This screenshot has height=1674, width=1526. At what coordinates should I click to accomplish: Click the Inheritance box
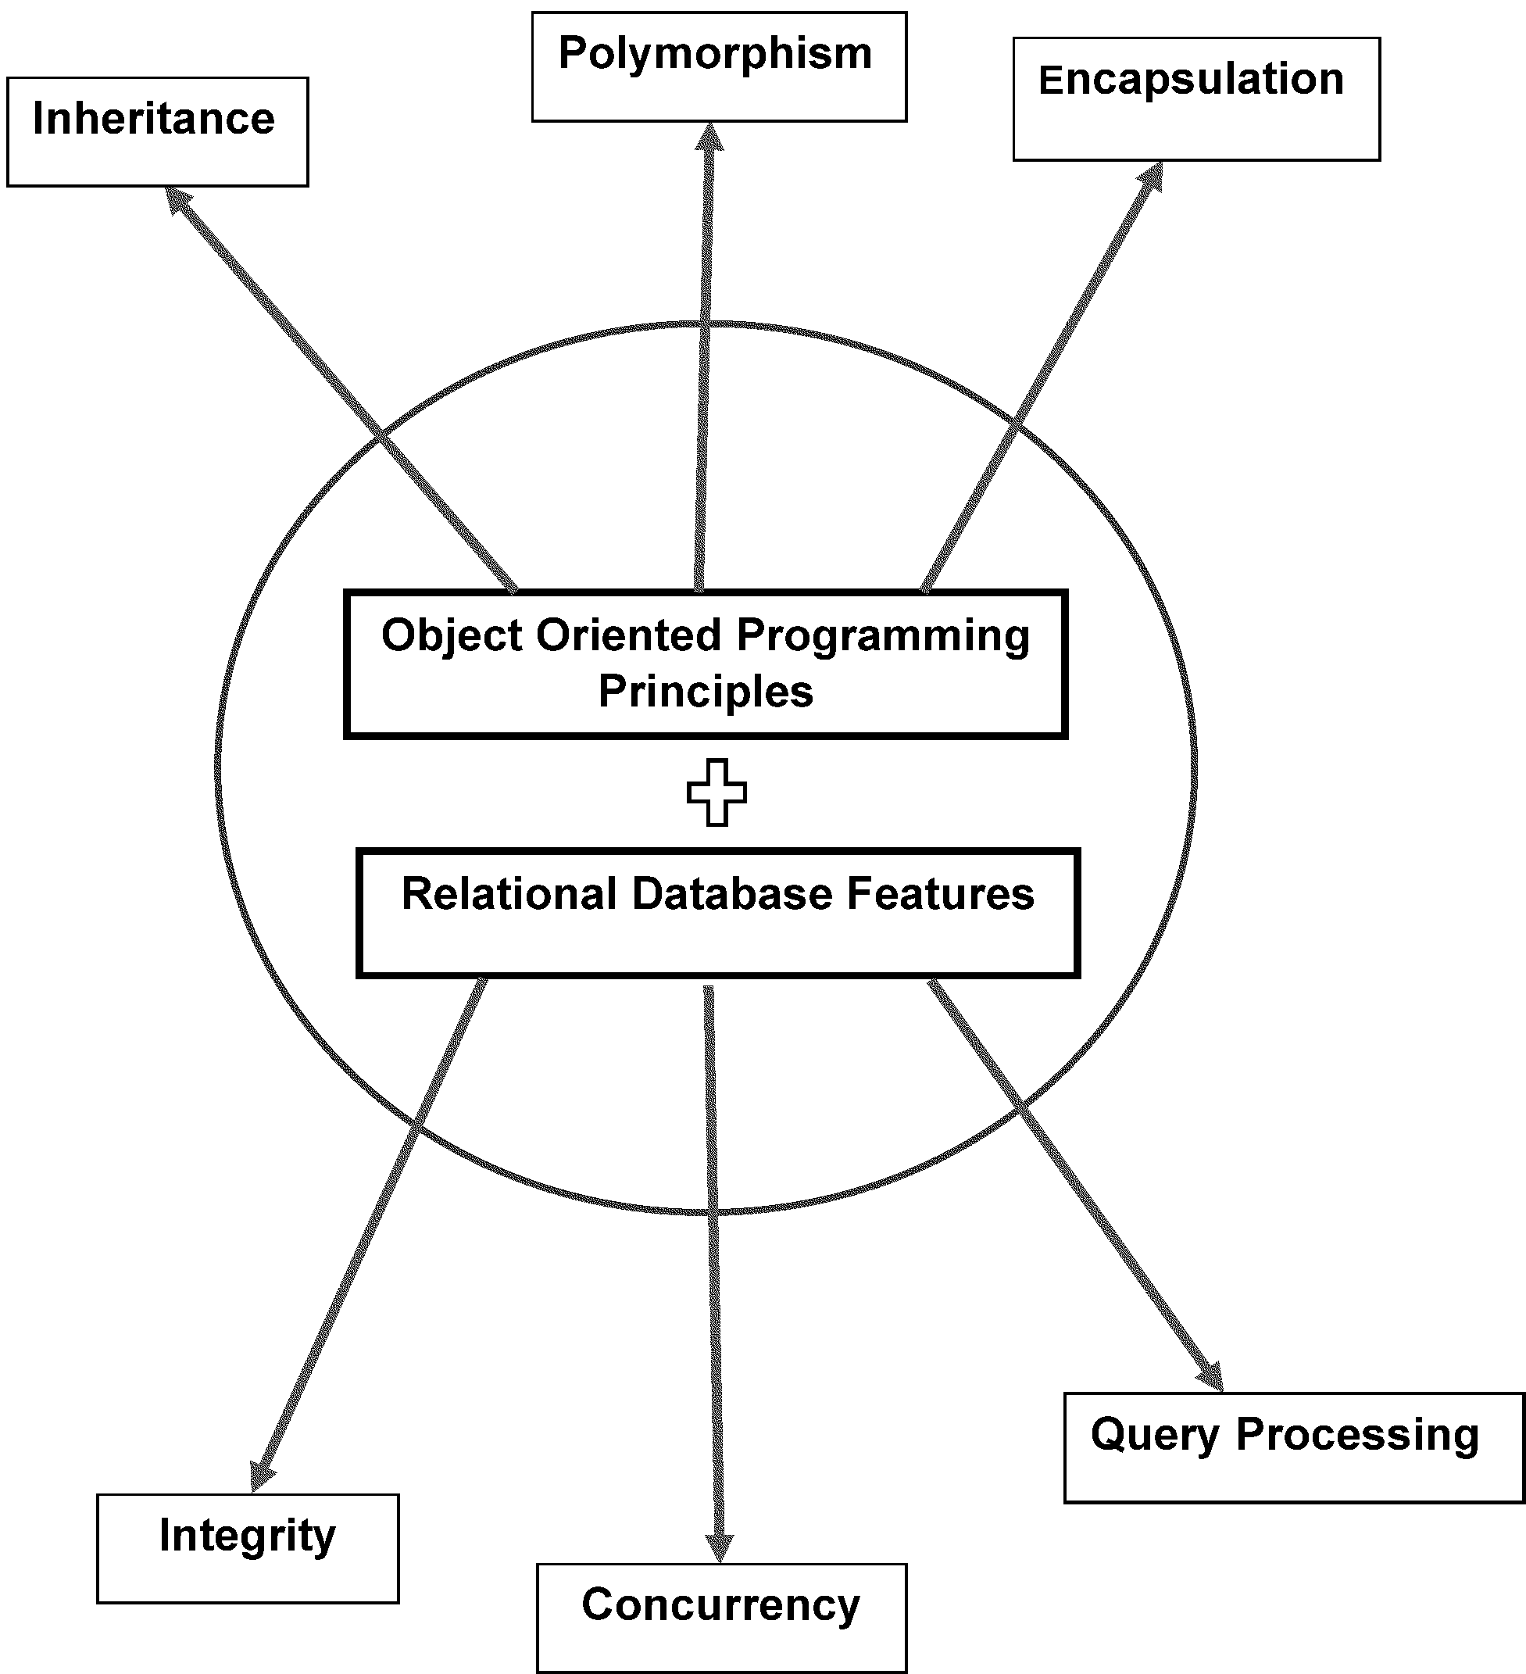pyautogui.click(x=157, y=131)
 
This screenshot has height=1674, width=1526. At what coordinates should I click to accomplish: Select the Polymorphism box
pyautogui.click(x=718, y=66)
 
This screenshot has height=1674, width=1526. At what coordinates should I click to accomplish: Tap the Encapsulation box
pyautogui.click(x=1195, y=98)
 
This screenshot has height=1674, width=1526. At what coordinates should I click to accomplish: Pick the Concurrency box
pyautogui.click(x=720, y=1617)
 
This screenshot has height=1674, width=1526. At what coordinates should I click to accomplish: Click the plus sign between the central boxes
pyautogui.click(x=717, y=792)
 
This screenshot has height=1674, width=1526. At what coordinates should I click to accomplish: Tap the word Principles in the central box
pyautogui.click(x=706, y=692)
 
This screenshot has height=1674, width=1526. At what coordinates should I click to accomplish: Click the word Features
pyautogui.click(x=940, y=894)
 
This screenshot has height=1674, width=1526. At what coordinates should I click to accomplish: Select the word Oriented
pyautogui.click(x=628, y=636)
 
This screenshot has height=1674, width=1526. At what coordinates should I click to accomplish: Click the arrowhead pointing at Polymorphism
pyautogui.click(x=709, y=138)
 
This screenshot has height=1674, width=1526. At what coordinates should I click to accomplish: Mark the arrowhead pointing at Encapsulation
pyautogui.click(x=1152, y=177)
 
